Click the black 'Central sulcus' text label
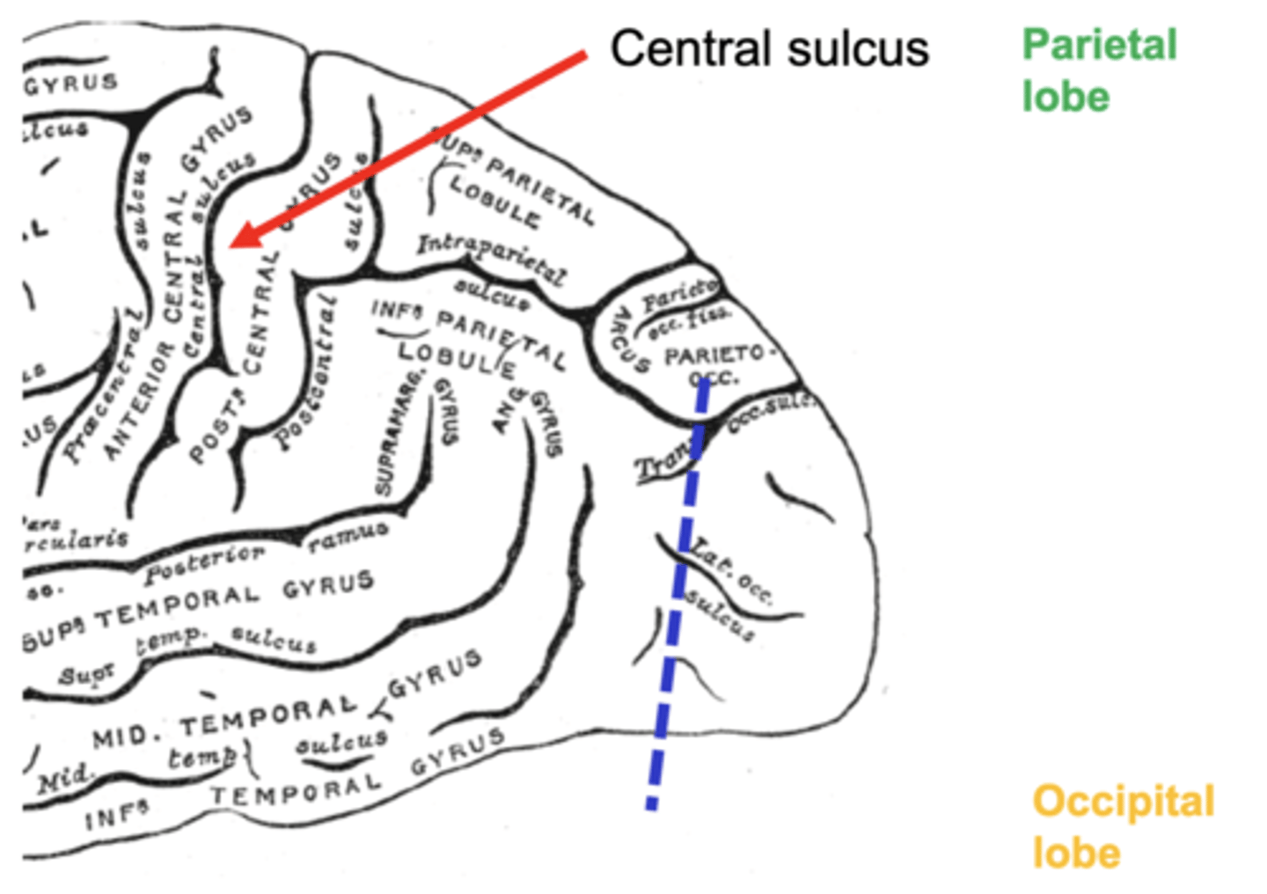tap(769, 49)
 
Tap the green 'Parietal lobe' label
tap(1098, 70)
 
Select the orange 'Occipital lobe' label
tap(1123, 826)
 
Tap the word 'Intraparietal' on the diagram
tap(491, 257)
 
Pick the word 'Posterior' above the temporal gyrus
tap(204, 564)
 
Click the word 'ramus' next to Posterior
tap(348, 536)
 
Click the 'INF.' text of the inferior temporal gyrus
tap(114, 817)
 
